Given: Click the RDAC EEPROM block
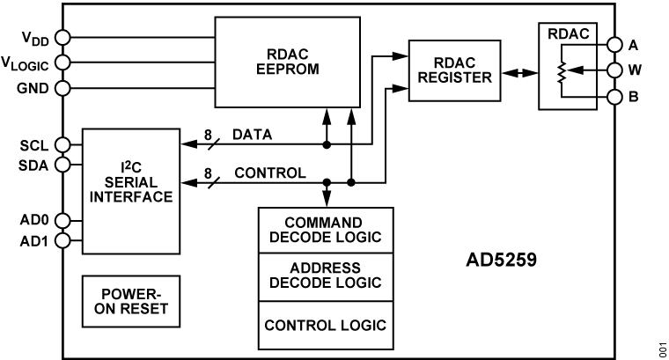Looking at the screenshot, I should pyautogui.click(x=288, y=61).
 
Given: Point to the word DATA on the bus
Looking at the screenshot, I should pyautogui.click(x=251, y=134).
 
